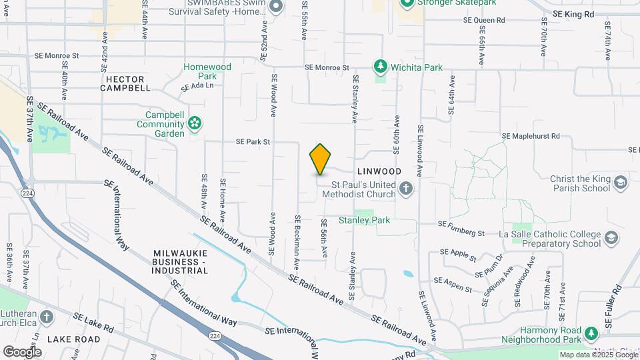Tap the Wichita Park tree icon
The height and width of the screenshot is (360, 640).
380,67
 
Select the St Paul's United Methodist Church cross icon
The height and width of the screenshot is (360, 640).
405,189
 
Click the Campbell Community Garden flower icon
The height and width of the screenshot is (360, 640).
195,123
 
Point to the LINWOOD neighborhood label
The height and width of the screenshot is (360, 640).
379,171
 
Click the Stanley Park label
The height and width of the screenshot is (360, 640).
364,220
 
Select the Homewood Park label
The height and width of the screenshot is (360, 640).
207,71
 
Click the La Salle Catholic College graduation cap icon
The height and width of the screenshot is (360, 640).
611,238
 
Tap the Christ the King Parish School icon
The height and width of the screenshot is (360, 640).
621,182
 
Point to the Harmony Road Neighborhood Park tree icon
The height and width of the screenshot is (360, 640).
590,333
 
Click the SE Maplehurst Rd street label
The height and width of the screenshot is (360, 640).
531,136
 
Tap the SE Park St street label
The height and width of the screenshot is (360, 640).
253,142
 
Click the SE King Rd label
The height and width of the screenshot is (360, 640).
573,13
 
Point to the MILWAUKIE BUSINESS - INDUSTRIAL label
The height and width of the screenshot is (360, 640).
181,262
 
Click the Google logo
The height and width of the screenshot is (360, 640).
22,351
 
